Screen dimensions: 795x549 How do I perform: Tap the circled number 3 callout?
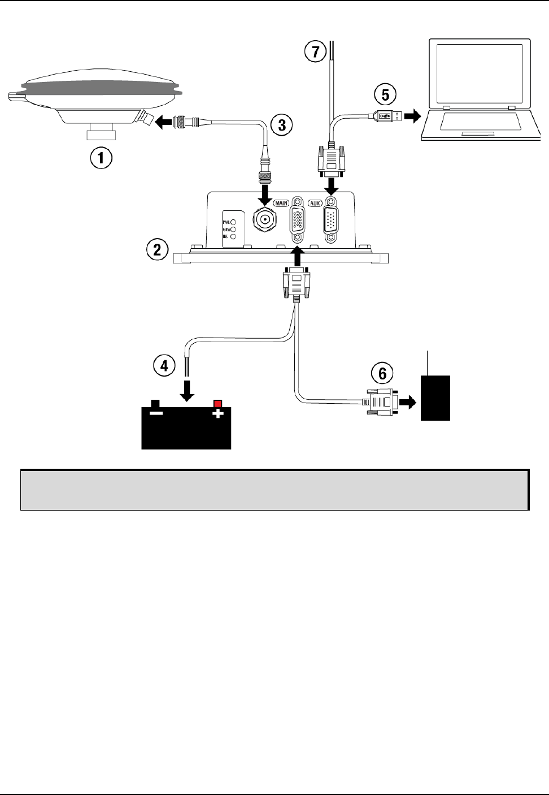pyautogui.click(x=281, y=124)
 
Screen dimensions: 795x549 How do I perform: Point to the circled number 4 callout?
pyautogui.click(x=164, y=366)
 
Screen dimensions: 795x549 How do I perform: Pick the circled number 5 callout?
pyautogui.click(x=385, y=94)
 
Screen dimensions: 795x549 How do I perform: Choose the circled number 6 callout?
pyautogui.click(x=382, y=373)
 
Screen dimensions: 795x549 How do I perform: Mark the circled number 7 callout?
pyautogui.click(x=315, y=52)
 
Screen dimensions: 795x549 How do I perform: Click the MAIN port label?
pyautogui.click(x=281, y=202)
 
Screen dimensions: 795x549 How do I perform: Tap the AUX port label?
pyautogui.click(x=315, y=202)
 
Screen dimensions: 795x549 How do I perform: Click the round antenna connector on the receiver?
pyautogui.click(x=263, y=218)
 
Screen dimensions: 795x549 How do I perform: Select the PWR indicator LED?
pyautogui.click(x=233, y=222)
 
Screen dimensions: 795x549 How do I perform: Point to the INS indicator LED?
pyautogui.click(x=233, y=236)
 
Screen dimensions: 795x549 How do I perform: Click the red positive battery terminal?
pyautogui.click(x=217, y=404)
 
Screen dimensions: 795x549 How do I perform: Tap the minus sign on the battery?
pyautogui.click(x=156, y=413)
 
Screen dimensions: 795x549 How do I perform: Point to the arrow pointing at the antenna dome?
pyautogui.click(x=165, y=120)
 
